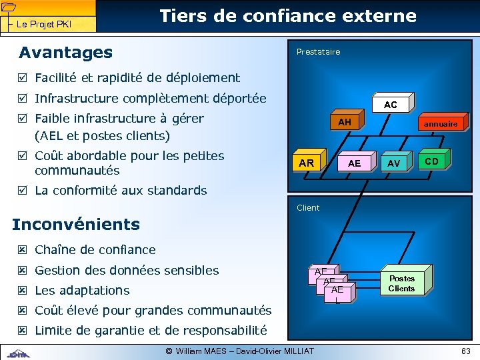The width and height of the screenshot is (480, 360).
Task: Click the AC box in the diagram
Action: [x=391, y=105]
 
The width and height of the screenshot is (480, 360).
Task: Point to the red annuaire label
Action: [x=441, y=124]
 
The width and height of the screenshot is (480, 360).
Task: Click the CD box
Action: [x=431, y=161]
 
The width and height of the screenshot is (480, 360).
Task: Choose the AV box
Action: [x=393, y=163]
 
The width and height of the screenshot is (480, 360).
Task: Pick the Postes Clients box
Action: [x=401, y=283]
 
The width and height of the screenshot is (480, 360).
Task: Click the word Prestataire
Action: [x=318, y=52]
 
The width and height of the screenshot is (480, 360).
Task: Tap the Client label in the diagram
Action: [x=308, y=207]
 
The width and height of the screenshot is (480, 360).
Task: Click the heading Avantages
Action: [x=65, y=52]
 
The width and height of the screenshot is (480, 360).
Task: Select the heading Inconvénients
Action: [x=76, y=224]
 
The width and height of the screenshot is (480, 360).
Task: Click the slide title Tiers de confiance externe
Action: [x=288, y=16]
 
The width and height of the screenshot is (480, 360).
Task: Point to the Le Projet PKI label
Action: [x=44, y=25]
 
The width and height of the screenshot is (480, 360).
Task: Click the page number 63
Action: [x=465, y=351]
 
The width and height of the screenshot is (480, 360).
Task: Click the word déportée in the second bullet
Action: [x=239, y=99]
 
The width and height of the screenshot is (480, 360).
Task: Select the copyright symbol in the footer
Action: [x=169, y=351]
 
